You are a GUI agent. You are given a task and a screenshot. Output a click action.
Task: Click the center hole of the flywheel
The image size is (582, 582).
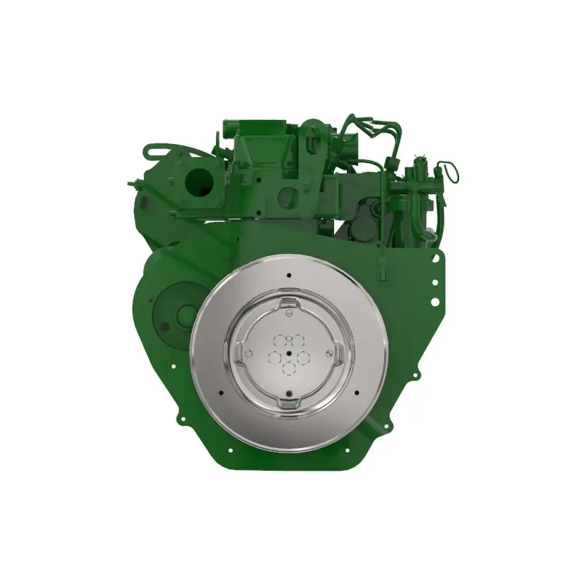(289, 354)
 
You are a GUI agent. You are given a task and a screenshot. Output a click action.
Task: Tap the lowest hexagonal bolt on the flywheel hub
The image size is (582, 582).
(289, 370)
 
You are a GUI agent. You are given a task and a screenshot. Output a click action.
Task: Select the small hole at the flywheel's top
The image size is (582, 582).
(289, 276)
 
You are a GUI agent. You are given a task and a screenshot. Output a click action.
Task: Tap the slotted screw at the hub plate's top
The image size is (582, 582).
(289, 314)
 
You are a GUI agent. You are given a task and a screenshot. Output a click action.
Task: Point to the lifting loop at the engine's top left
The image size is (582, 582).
(154, 151)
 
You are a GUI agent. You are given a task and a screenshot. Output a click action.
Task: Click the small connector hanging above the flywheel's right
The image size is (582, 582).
(381, 272)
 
